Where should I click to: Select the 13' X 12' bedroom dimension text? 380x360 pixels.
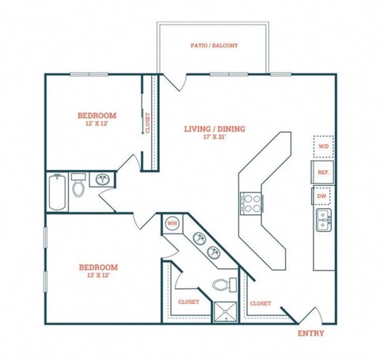pos(98,277)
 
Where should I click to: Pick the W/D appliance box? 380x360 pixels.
pos(323,147)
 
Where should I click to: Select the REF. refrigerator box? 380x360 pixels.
pos(323,172)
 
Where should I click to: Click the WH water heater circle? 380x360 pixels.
pos(171,224)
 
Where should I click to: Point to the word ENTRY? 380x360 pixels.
pos(310,333)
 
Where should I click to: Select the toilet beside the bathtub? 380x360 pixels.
pos(78,187)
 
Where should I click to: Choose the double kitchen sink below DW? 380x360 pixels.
pos(323,220)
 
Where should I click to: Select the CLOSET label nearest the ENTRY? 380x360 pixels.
pos(260,303)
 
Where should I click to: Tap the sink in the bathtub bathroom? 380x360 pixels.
pos(102,180)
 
